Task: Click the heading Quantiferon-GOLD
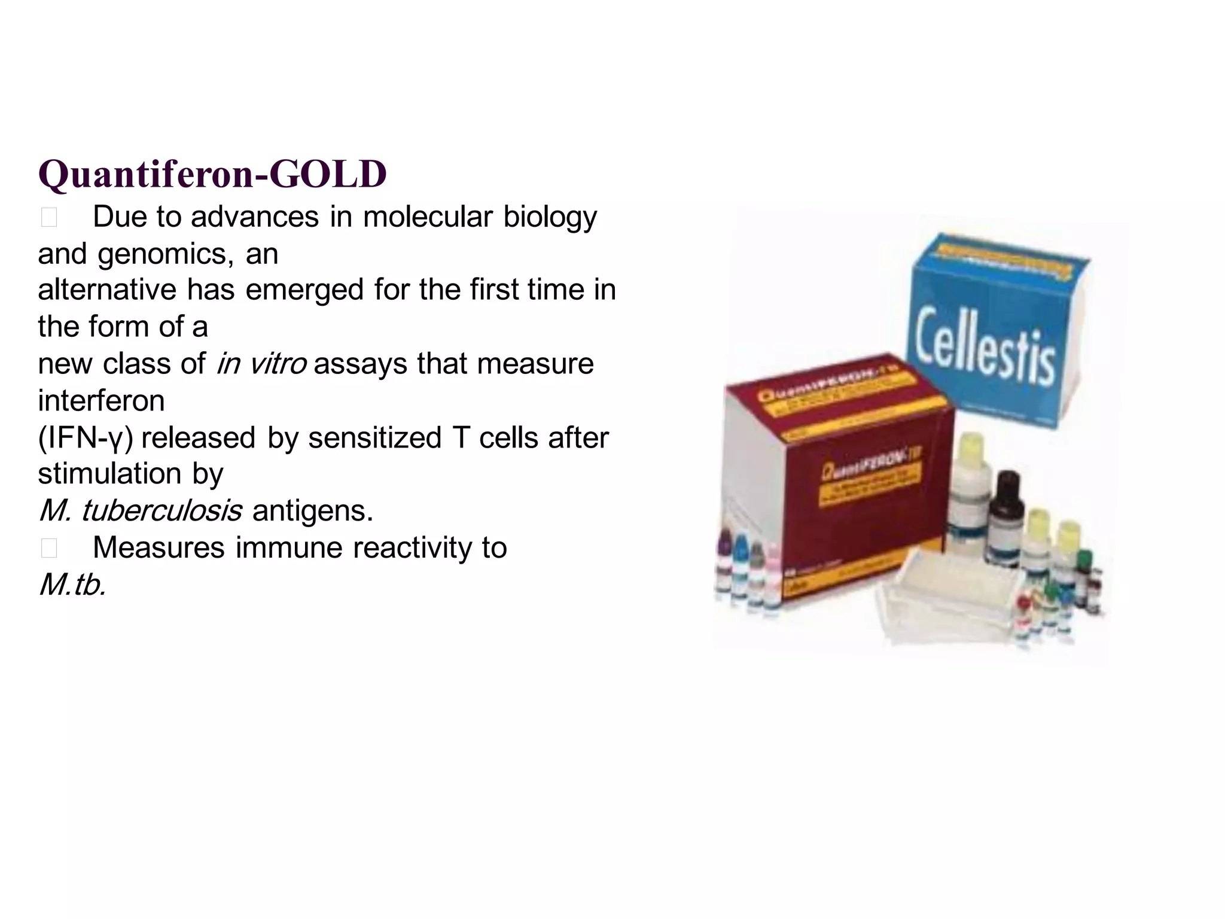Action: coord(212,174)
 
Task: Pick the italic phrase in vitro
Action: coord(261,364)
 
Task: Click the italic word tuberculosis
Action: coord(161,511)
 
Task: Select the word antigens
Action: coord(312,512)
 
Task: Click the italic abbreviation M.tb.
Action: coord(72,585)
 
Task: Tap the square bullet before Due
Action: coord(49,218)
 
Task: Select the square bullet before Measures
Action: coord(49,549)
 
